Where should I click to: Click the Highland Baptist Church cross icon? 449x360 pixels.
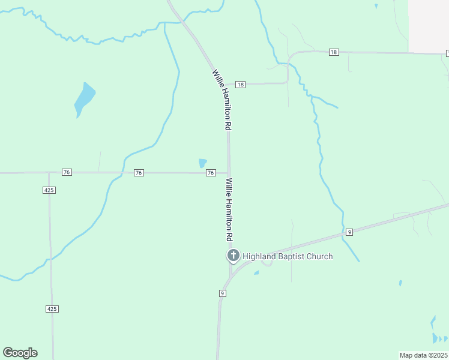tap(233, 256)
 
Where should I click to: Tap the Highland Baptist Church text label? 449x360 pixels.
tap(288, 257)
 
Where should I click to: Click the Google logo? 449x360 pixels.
tap(20, 352)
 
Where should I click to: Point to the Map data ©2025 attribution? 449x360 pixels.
tap(423, 355)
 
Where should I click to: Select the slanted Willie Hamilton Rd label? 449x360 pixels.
tap(221, 100)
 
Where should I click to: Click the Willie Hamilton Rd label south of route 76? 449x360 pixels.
tap(229, 209)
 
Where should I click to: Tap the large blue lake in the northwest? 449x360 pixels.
tap(85, 100)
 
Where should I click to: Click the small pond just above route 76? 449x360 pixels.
tap(203, 163)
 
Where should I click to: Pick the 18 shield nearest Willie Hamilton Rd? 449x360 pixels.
tap(240, 85)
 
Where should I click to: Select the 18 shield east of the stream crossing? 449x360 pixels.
tap(334, 52)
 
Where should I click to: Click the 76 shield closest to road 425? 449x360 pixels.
tap(67, 172)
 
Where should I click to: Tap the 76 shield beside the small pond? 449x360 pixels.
tap(211, 173)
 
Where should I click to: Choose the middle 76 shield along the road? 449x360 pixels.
tap(139, 173)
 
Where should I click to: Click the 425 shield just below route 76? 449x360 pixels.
tap(49, 190)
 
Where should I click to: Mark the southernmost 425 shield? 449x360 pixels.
tap(52, 308)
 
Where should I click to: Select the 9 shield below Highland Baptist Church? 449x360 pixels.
tap(222, 293)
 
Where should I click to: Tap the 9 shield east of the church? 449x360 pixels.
tap(349, 232)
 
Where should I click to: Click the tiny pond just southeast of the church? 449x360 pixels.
tap(256, 273)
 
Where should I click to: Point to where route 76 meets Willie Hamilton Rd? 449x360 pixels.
tap(228, 173)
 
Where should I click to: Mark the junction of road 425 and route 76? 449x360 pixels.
tap(49, 173)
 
